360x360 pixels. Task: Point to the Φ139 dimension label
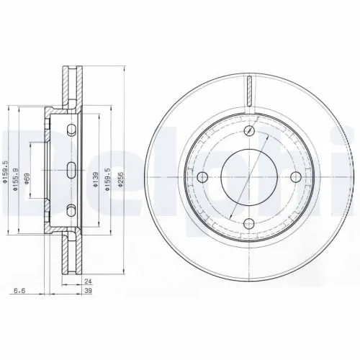pyautogui.click(x=96, y=183)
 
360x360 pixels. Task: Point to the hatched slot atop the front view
pyautogui.click(x=249, y=91)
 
